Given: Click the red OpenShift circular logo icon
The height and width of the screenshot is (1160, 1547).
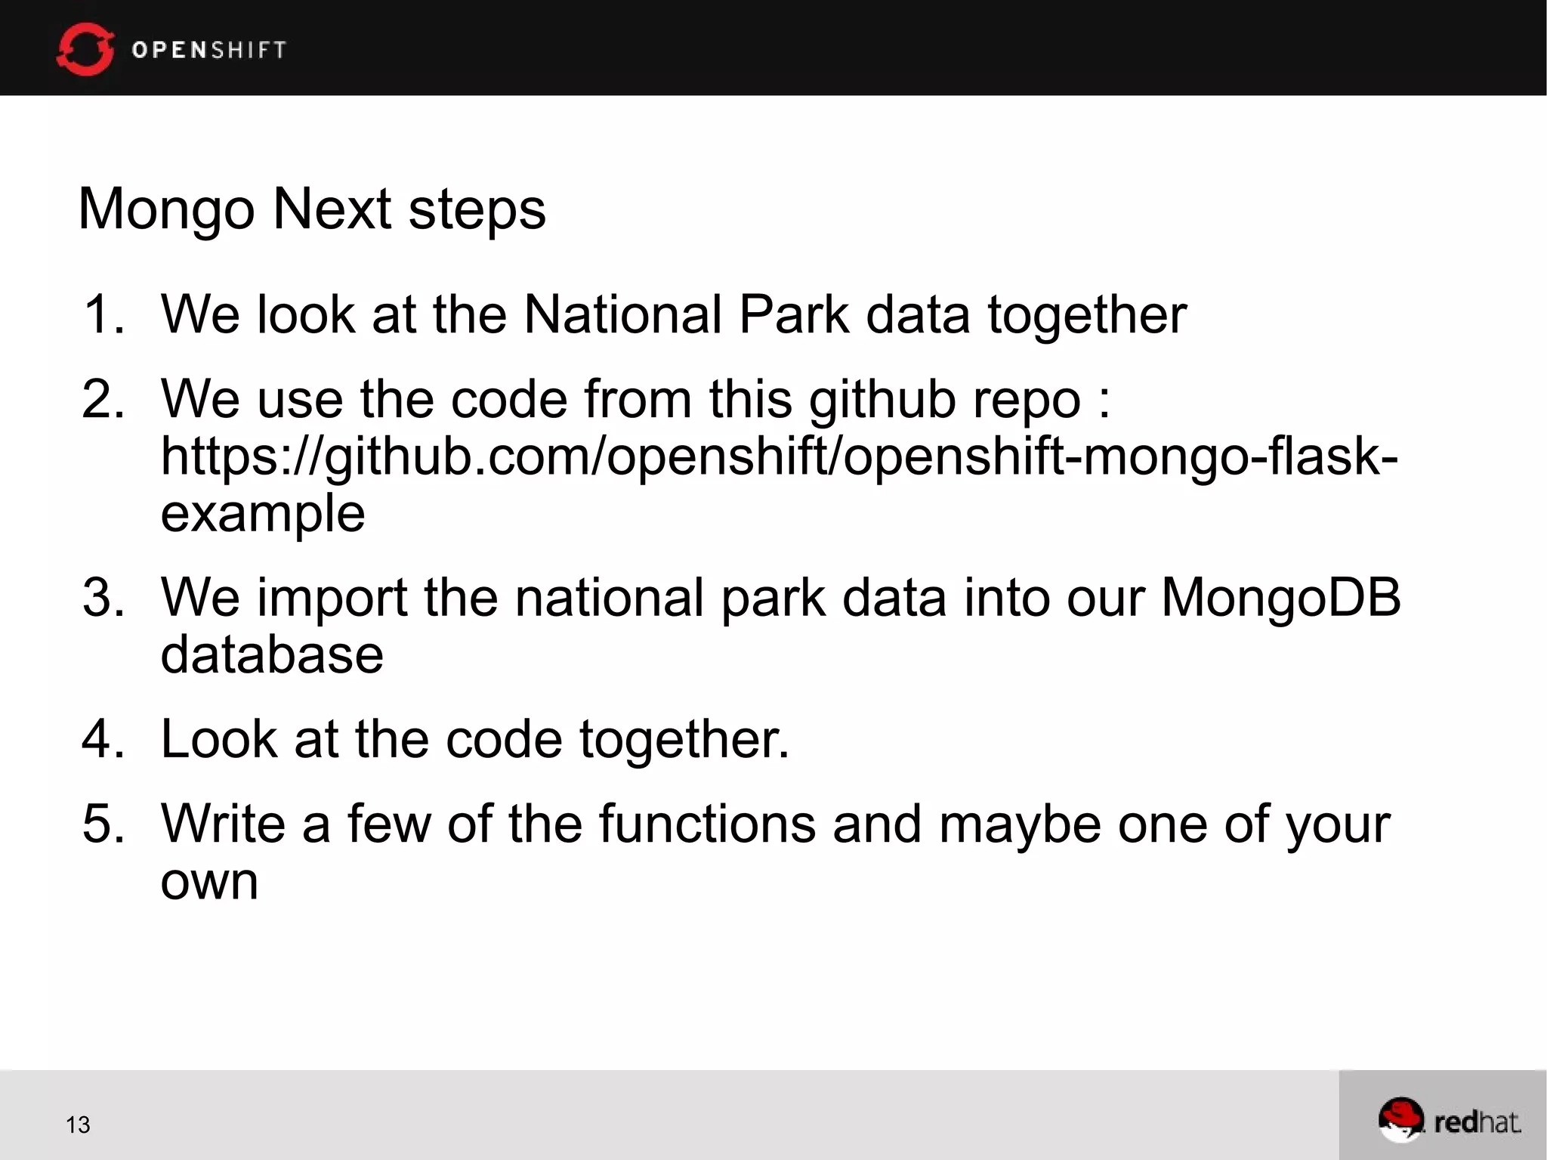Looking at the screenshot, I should [85, 49].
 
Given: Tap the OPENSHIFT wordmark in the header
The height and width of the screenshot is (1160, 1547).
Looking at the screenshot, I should [208, 50].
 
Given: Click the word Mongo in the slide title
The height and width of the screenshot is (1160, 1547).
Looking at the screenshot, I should [166, 209].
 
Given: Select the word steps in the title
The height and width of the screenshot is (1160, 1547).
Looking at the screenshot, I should [477, 209].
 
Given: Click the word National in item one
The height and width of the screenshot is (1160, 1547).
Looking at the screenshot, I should [622, 314].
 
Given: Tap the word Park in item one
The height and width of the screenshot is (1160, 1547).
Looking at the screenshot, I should [793, 314].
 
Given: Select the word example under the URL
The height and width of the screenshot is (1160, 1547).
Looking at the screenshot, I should [263, 514].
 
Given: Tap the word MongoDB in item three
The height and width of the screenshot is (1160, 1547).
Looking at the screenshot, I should [1280, 598].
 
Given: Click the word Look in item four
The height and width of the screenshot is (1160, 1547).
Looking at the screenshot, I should [218, 738].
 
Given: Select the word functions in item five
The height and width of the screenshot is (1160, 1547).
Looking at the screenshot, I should [707, 824].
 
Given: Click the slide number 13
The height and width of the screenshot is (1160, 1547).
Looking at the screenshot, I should [78, 1125].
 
